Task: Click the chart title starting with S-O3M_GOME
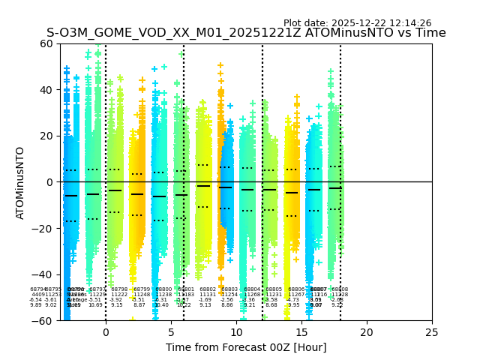(246, 33)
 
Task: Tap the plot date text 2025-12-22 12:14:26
(357, 23)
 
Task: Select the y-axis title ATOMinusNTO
(21, 182)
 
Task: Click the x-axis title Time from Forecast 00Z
(246, 347)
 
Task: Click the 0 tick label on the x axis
(106, 332)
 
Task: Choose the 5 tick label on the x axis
(171, 332)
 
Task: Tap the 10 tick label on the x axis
(236, 332)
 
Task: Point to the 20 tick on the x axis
(367, 332)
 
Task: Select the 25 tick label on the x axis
(432, 332)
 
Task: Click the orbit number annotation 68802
(208, 289)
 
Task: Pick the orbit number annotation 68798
(119, 289)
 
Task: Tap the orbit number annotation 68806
(296, 289)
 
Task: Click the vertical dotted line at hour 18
(340, 150)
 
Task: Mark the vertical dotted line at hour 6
(184, 150)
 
